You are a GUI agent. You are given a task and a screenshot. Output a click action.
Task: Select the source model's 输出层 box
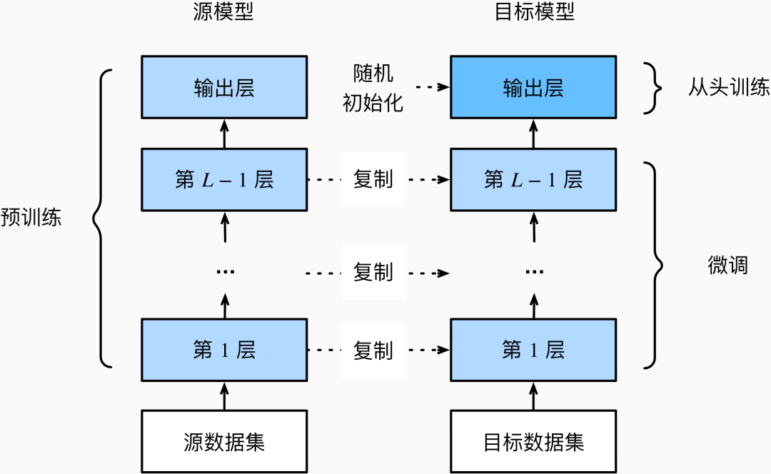tap(224, 87)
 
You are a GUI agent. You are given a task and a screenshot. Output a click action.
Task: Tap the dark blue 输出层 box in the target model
tap(533, 87)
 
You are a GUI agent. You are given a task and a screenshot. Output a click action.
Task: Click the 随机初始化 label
tap(373, 89)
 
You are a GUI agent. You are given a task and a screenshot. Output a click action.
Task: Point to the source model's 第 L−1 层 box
tap(224, 180)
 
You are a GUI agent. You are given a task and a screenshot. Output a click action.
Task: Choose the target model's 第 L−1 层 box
tap(533, 180)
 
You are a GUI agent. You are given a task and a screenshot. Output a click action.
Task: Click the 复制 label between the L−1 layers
tap(373, 180)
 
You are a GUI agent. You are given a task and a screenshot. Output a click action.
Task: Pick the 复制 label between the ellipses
tap(373, 273)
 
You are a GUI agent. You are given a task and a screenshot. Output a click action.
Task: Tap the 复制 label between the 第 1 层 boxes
tap(373, 351)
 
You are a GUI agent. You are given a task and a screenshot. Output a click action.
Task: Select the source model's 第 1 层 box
tap(224, 350)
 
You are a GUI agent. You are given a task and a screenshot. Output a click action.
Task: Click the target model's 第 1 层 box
tap(533, 350)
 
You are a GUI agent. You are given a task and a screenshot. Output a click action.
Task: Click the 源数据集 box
tap(224, 441)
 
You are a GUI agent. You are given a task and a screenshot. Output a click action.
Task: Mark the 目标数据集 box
tap(533, 441)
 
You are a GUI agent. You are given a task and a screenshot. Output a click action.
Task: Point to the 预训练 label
tap(31, 218)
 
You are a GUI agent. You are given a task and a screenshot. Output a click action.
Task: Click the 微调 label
tap(727, 266)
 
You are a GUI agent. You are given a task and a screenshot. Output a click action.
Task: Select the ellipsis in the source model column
tap(224, 272)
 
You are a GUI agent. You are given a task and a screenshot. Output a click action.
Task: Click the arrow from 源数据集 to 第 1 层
tap(225, 395)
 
